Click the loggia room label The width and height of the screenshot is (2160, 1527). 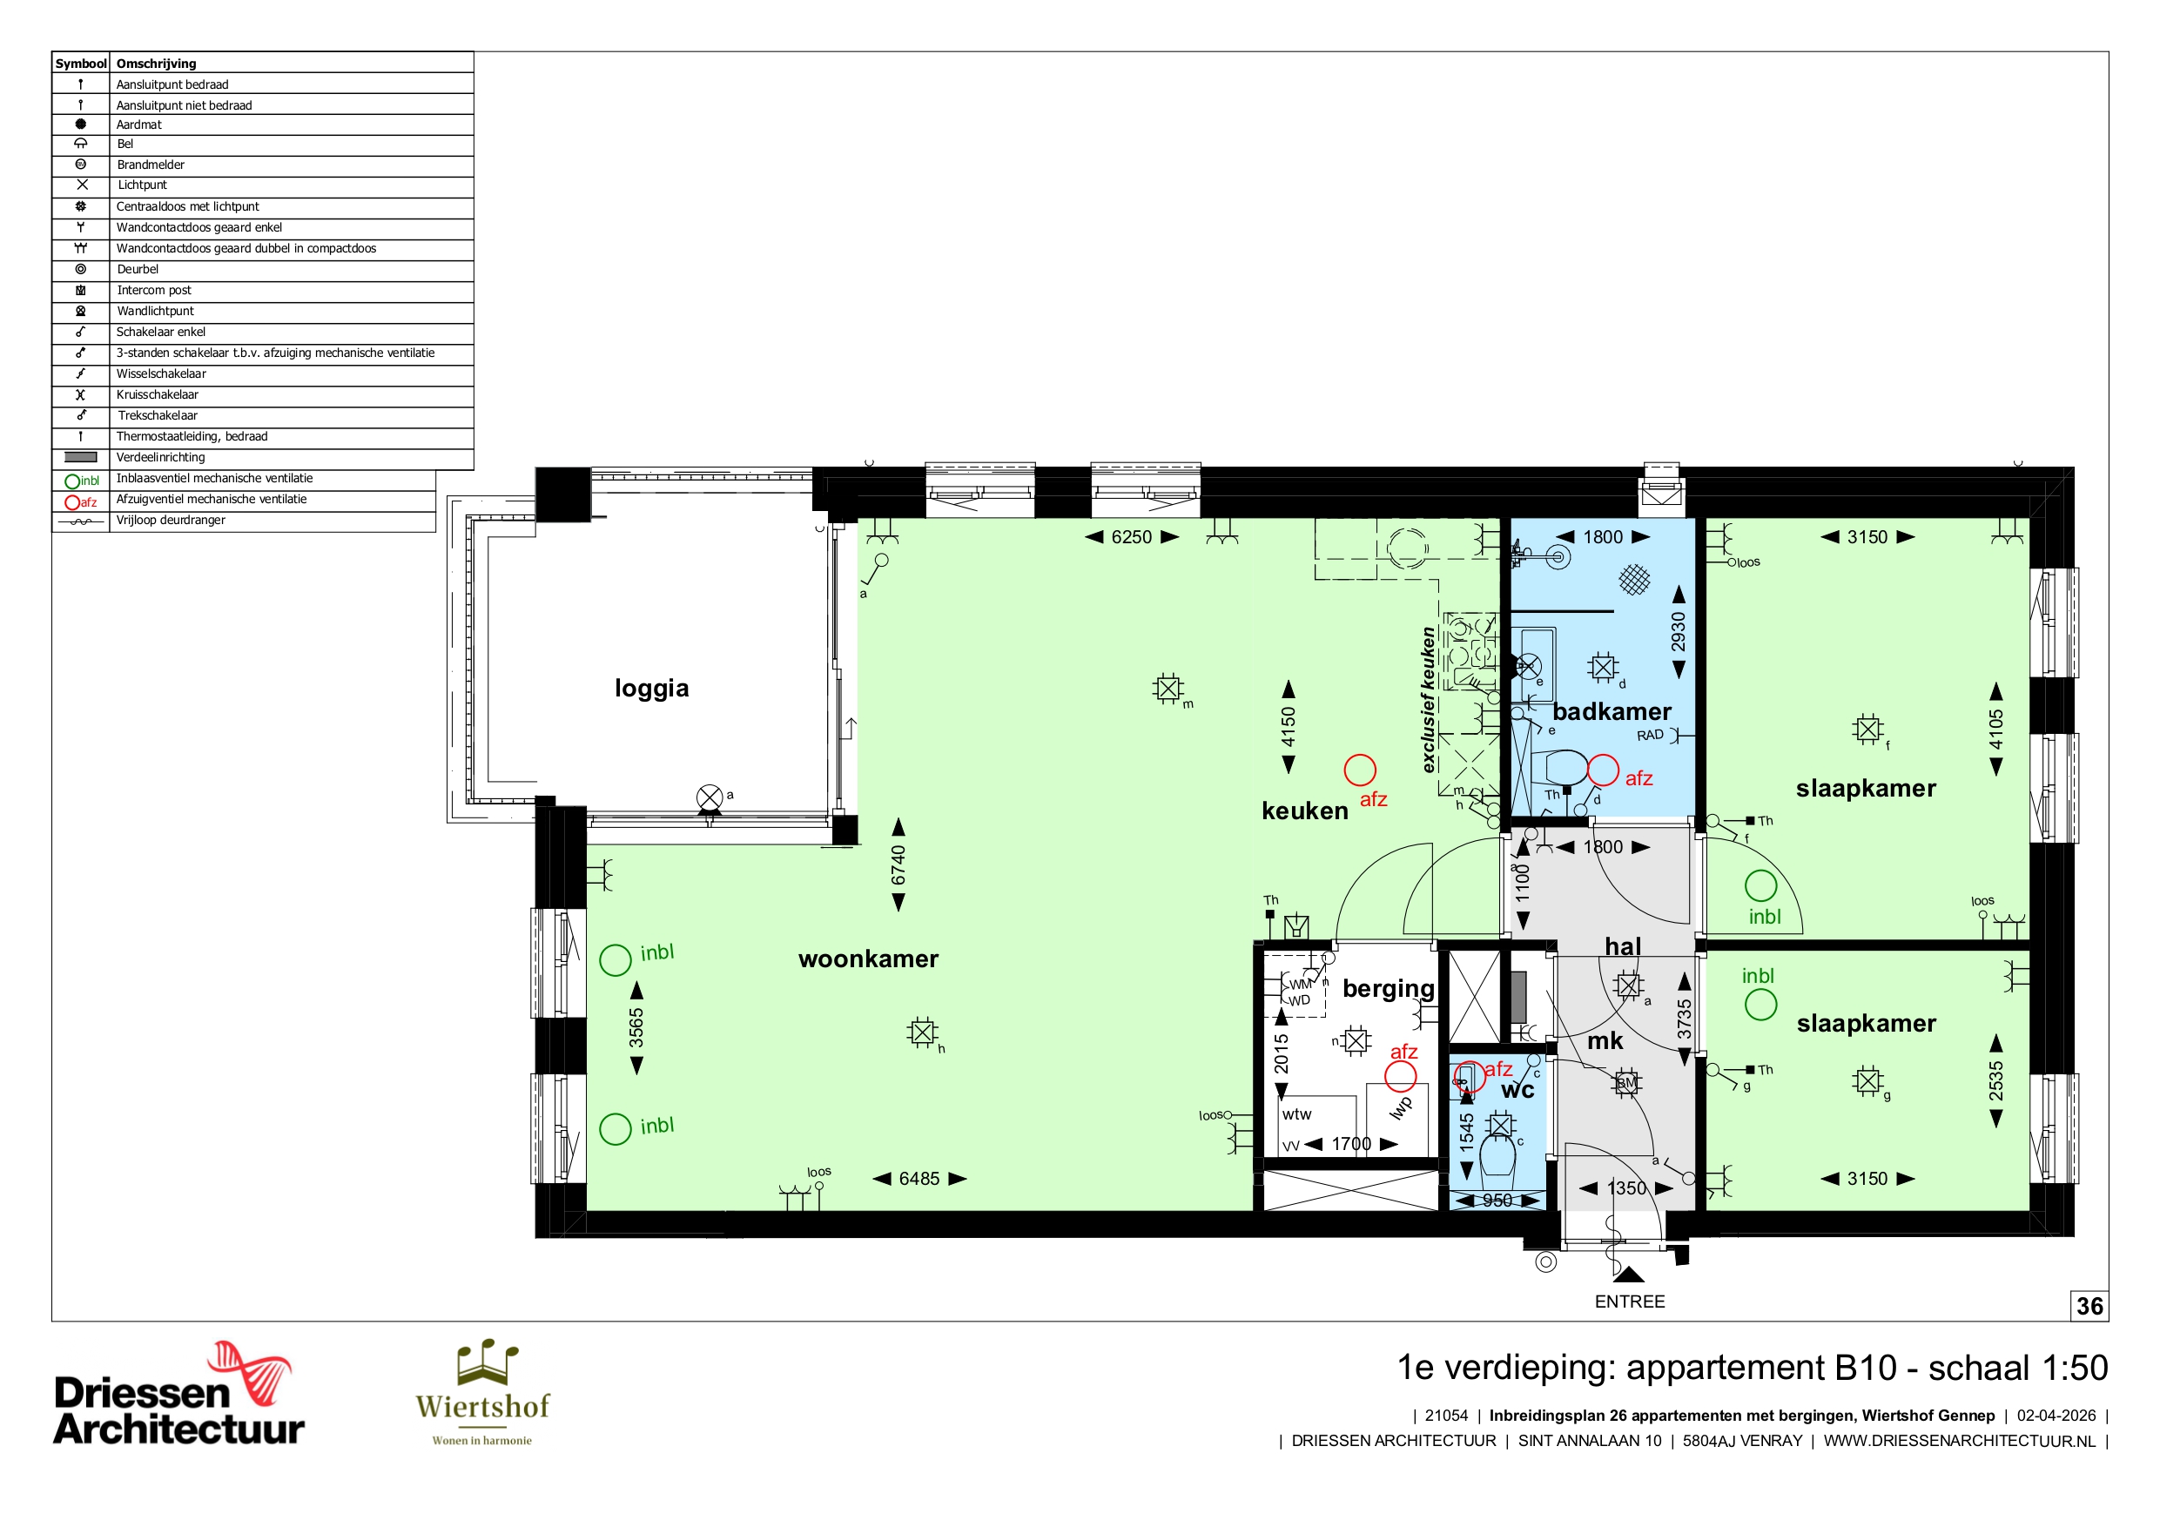[x=651, y=689]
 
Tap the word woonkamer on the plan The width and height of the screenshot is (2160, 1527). [x=868, y=959]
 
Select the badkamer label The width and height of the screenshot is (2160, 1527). [x=1612, y=711]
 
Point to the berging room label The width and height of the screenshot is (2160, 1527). [x=1389, y=989]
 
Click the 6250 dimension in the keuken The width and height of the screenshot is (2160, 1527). [x=1132, y=537]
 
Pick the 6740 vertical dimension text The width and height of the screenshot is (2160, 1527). [x=898, y=864]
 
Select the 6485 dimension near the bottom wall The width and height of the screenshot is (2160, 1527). [x=919, y=1179]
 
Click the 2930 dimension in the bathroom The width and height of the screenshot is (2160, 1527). [x=1679, y=631]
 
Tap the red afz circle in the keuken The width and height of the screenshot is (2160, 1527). [x=1359, y=770]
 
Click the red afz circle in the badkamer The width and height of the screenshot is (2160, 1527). [x=1603, y=770]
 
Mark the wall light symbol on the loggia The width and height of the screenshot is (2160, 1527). [x=710, y=797]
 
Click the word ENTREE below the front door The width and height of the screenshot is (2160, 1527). [x=1630, y=1302]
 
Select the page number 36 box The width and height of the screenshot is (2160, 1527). [x=2089, y=1306]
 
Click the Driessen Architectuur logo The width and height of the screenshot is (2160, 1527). [x=178, y=1395]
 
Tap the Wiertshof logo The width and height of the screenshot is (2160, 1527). [x=482, y=1392]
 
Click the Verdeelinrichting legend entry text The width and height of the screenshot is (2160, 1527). [x=161, y=457]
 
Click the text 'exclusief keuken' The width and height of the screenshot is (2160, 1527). [x=1428, y=700]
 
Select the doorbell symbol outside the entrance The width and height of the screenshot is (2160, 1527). [x=1545, y=1262]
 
